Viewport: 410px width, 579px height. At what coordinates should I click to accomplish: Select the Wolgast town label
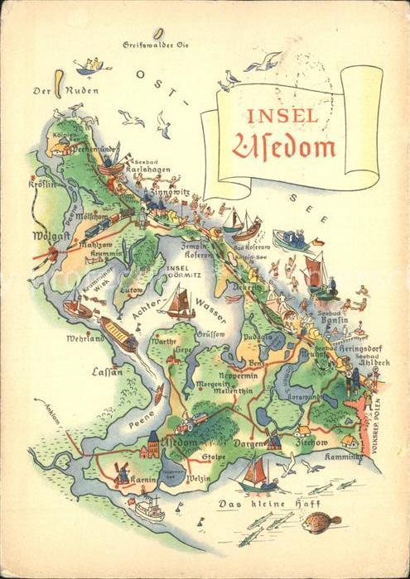click(50, 237)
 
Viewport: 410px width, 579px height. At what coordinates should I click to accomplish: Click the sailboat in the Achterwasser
click(179, 304)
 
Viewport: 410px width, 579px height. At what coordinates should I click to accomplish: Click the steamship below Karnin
click(149, 507)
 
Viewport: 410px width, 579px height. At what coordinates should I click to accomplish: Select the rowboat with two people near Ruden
click(93, 65)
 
